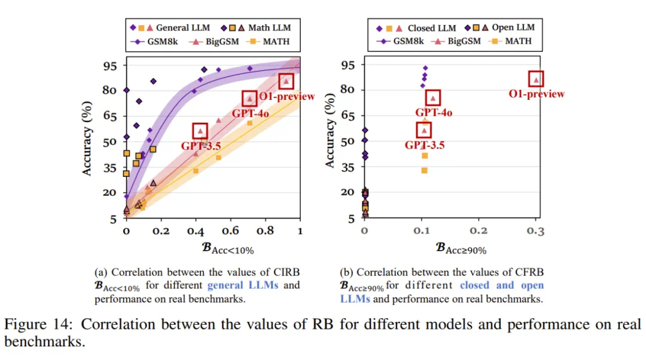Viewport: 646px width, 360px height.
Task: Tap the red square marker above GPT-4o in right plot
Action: (x=434, y=97)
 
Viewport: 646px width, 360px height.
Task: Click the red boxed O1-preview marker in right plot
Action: (x=537, y=78)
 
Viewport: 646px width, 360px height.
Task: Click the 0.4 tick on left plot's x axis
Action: (x=195, y=231)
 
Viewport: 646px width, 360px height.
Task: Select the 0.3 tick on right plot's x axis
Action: (x=537, y=231)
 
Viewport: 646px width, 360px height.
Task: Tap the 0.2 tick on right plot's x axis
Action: (x=479, y=231)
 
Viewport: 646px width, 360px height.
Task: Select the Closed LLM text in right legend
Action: (x=431, y=28)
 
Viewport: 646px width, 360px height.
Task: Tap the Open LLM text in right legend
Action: (x=513, y=28)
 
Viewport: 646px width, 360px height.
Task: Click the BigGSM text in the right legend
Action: (x=464, y=41)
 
